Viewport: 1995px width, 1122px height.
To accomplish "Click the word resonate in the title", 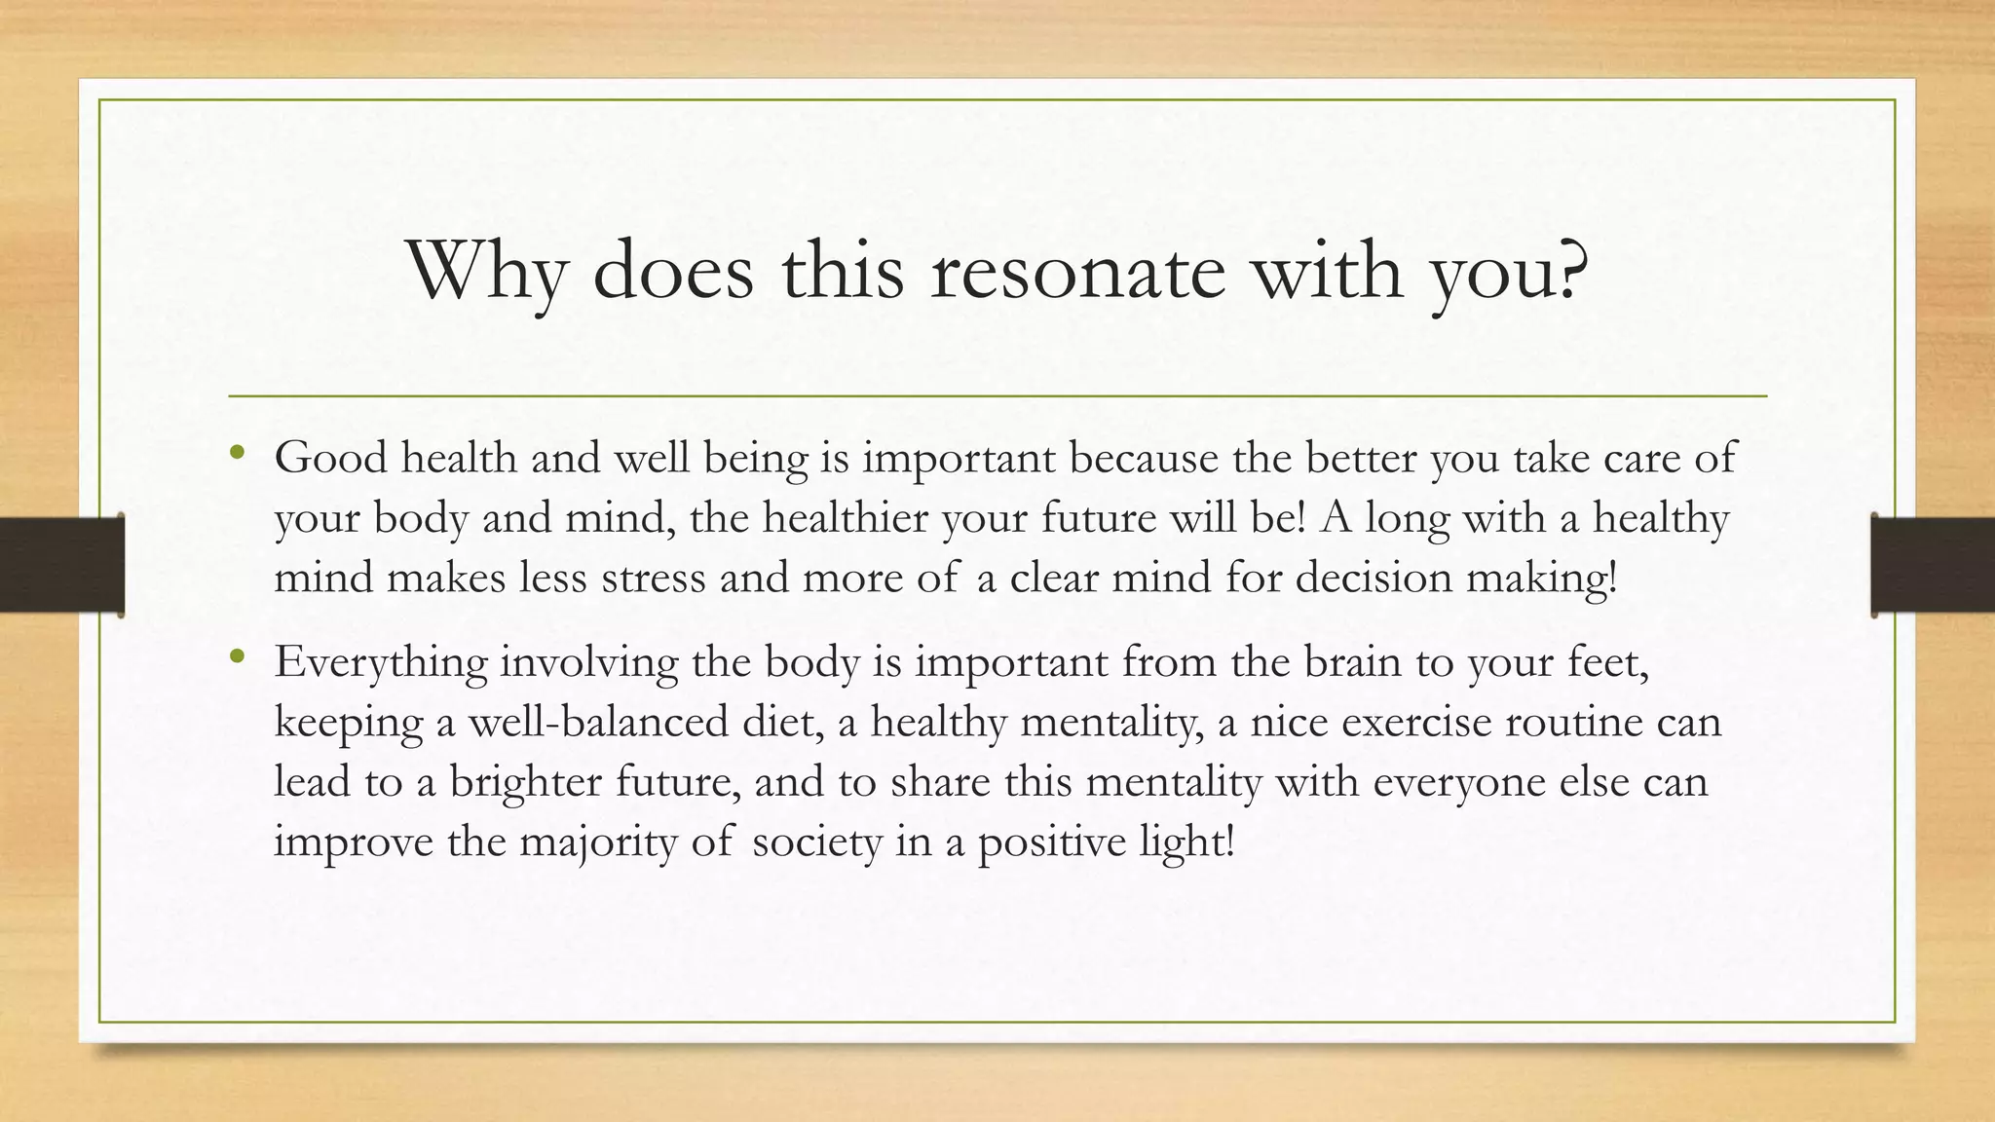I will pyautogui.click(x=1077, y=271).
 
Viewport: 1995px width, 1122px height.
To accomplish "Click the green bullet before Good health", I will pyautogui.click(x=237, y=453).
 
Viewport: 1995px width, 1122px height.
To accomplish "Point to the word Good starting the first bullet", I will pyautogui.click(x=330, y=457).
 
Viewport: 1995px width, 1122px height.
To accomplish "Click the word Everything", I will pyautogui.click(x=380, y=663).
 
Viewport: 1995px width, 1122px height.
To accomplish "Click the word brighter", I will pyautogui.click(x=525, y=782).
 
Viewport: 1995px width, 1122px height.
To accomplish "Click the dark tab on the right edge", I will pyautogui.click(x=1933, y=565).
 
